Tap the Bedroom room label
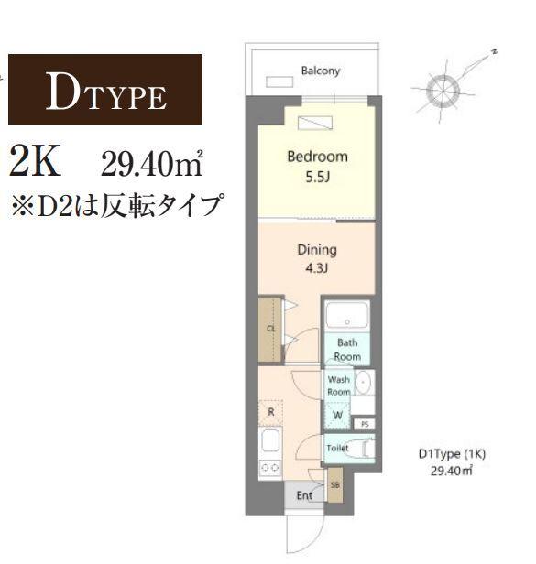317,157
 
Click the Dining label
317,249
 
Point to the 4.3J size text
317,269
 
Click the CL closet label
270,328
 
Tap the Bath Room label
347,350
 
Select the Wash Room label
339,385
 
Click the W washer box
337,416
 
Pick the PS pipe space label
364,425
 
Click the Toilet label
338,449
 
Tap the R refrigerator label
271,412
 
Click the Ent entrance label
304,495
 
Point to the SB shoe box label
334,484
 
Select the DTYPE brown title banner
105,90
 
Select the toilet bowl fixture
362,450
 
